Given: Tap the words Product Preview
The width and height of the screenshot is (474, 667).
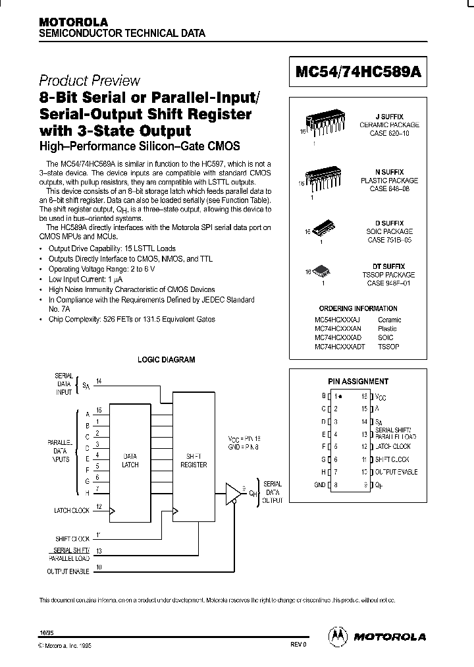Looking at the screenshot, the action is click(90, 80).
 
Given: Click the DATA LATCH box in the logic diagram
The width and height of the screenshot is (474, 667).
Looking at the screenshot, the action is click(130, 461).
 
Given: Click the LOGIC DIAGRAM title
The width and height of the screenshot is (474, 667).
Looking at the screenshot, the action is click(166, 360).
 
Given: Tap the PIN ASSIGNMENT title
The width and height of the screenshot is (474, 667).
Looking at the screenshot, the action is click(358, 381).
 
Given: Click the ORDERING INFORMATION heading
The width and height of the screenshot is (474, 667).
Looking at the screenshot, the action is click(358, 308).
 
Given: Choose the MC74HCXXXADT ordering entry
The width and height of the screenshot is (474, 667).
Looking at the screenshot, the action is click(339, 346).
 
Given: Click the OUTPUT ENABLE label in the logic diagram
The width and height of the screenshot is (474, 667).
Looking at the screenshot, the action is click(68, 571).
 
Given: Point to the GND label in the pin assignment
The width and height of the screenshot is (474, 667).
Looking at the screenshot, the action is click(320, 484).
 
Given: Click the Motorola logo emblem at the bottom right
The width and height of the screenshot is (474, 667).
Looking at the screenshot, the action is click(338, 636).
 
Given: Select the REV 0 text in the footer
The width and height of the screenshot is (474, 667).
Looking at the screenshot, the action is click(298, 646).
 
